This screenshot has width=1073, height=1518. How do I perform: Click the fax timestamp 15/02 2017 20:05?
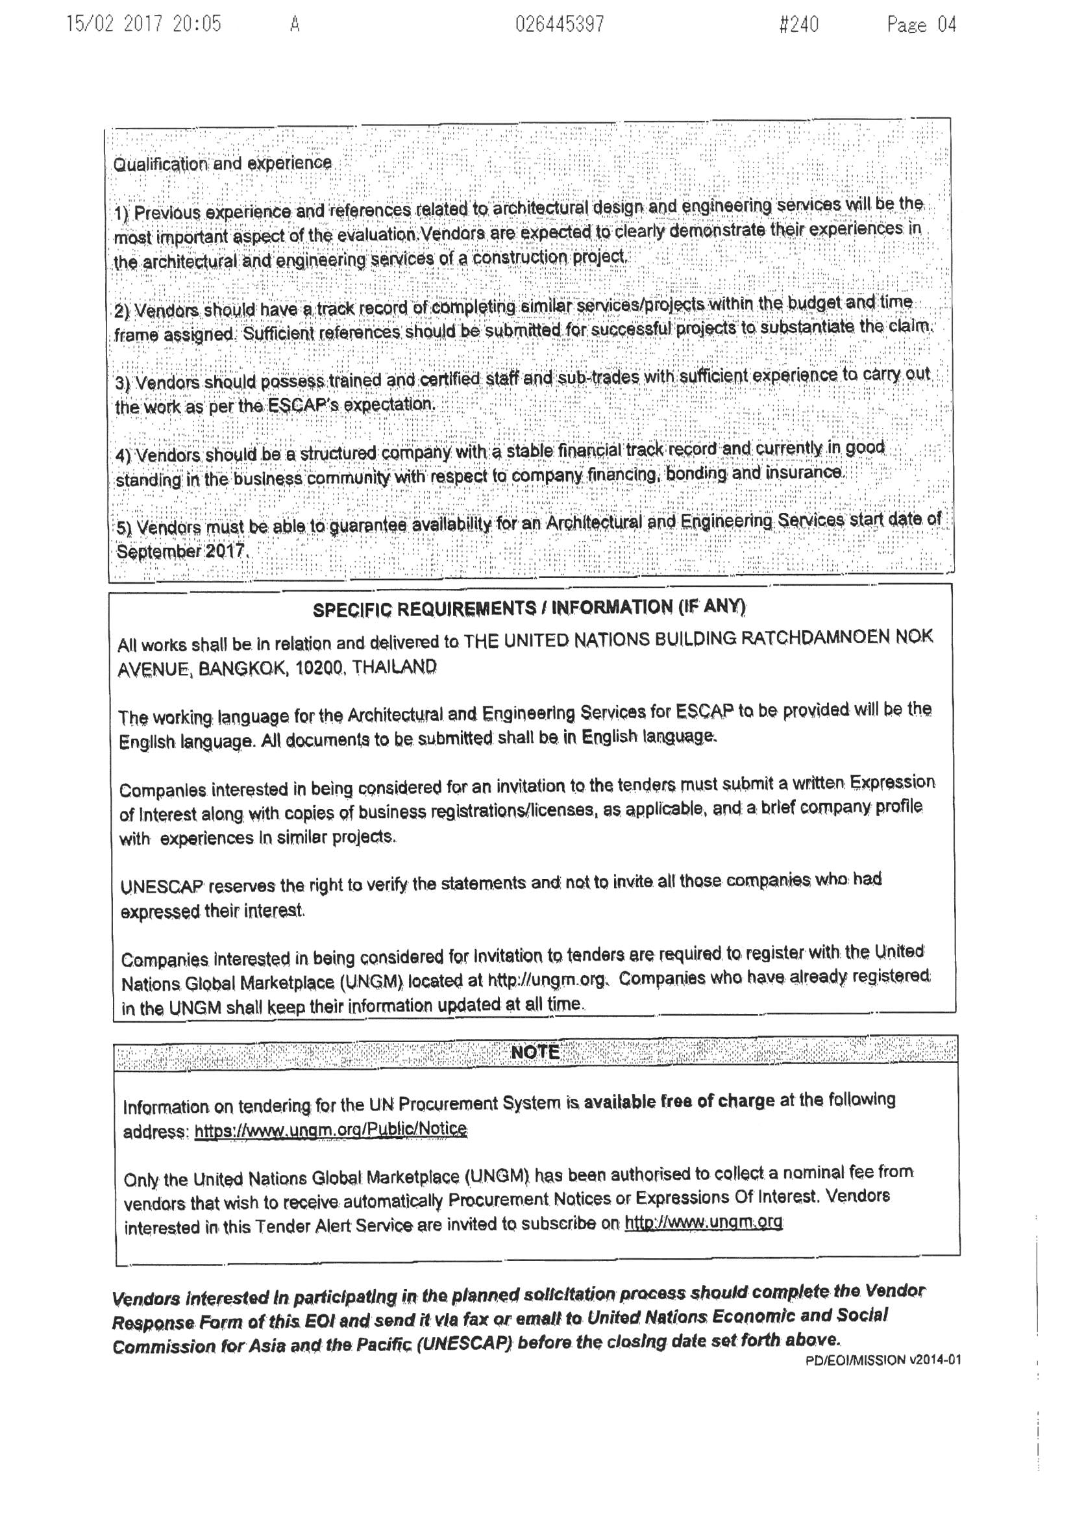144,25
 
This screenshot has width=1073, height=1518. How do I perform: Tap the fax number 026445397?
560,25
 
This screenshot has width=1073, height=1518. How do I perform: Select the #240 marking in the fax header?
798,25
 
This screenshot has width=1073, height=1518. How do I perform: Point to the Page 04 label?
922,25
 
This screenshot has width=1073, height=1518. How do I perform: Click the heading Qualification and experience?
223,164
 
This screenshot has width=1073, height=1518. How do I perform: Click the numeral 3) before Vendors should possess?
123,384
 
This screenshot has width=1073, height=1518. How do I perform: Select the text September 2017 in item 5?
181,551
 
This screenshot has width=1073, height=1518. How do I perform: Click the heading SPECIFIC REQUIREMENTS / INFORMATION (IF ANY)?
529,608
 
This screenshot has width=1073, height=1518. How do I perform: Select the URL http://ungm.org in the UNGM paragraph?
546,979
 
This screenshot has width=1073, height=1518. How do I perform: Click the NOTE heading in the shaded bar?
536,1052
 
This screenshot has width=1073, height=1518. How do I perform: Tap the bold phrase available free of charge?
679,1101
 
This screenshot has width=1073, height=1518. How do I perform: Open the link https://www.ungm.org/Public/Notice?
330,1129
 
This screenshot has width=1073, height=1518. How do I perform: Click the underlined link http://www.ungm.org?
704,1223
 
